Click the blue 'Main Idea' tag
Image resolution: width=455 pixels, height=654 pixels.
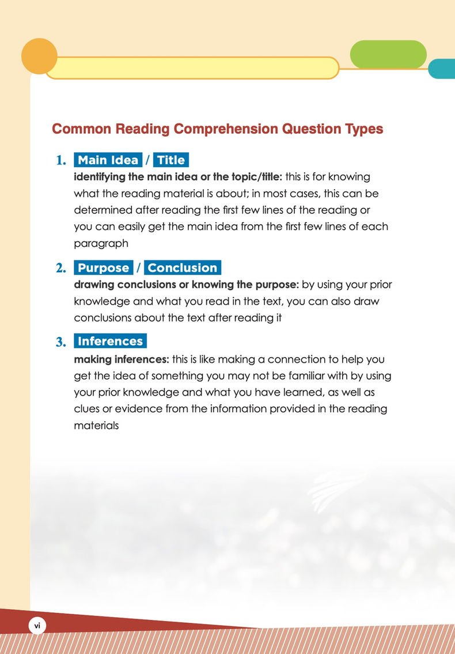108,160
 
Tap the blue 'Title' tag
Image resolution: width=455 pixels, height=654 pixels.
171,160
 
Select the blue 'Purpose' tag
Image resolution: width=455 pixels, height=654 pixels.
103,268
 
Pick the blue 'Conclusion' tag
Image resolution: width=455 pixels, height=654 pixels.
183,268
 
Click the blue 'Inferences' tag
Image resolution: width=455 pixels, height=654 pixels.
110,341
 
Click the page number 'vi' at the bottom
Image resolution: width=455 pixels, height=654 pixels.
36,625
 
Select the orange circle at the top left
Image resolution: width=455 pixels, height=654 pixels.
39,57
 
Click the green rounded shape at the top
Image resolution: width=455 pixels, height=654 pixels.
388,55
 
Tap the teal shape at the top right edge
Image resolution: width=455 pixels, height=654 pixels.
442,69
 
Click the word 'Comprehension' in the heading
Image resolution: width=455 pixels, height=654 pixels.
225,129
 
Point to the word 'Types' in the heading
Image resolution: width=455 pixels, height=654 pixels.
361,129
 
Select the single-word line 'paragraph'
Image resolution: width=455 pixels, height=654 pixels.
101,243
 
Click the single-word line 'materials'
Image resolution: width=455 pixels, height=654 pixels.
97,427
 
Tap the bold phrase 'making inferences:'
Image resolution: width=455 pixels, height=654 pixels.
121,360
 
